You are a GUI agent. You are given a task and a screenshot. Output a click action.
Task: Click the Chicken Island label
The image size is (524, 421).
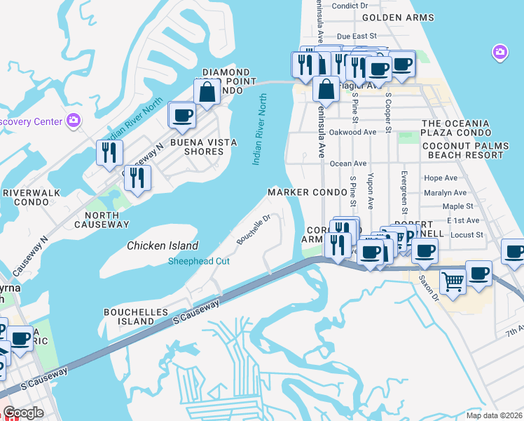coord(163,246)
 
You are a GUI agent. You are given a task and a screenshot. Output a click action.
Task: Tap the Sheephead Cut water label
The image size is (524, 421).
coord(200,262)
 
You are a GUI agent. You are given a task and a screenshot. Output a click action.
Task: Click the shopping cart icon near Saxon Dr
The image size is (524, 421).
coord(453,281)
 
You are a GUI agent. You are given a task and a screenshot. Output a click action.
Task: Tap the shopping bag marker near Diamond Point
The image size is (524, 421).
coord(208,91)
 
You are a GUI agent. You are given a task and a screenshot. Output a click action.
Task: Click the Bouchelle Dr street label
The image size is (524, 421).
coord(253,229)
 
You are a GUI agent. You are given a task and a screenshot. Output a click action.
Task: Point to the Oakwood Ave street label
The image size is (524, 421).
coord(353,132)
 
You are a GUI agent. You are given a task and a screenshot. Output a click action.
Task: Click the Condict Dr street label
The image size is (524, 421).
coord(354,6)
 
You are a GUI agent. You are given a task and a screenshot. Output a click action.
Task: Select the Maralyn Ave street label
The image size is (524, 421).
coord(445,193)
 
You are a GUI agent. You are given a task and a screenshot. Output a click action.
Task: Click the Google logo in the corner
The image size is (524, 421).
coord(22,413)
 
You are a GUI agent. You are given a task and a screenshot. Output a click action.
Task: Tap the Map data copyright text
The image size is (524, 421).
coord(492,415)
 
